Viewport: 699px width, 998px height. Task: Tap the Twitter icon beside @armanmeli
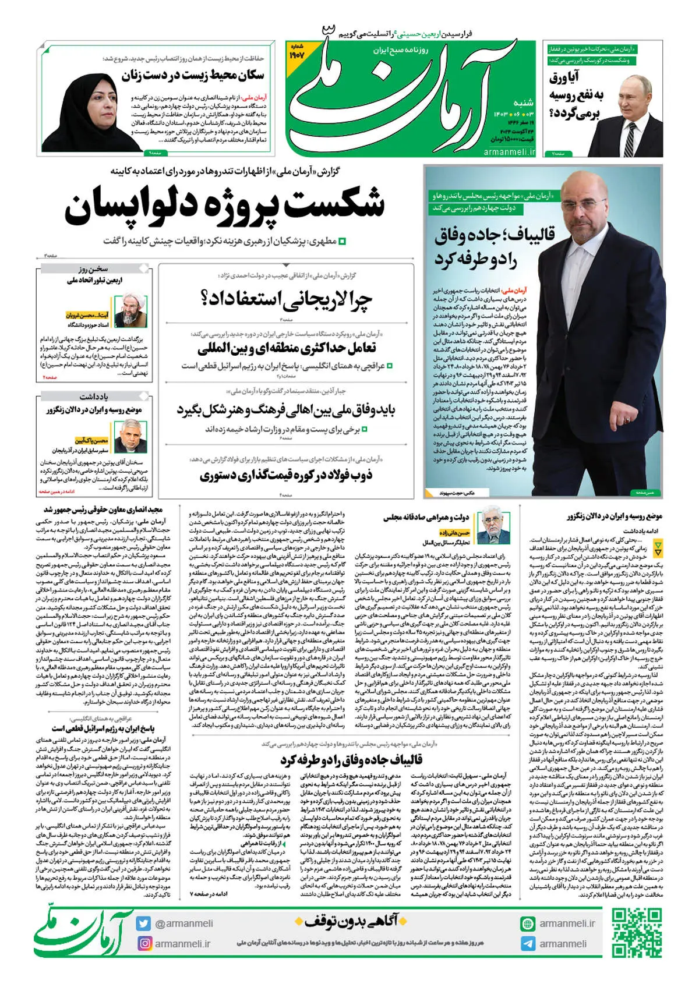point(144,923)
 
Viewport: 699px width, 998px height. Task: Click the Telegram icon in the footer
point(528,944)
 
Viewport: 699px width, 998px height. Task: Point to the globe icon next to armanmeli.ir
point(528,923)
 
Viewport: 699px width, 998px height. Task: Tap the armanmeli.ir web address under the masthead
point(509,151)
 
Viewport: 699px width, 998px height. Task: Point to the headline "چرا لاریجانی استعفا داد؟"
point(286,299)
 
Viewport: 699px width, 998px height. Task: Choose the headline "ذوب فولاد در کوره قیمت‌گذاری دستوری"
point(286,475)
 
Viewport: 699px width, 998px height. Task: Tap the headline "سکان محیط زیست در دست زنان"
point(193,75)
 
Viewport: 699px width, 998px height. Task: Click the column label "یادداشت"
point(94,397)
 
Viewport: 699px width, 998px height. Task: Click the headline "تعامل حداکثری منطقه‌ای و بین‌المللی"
point(287,349)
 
